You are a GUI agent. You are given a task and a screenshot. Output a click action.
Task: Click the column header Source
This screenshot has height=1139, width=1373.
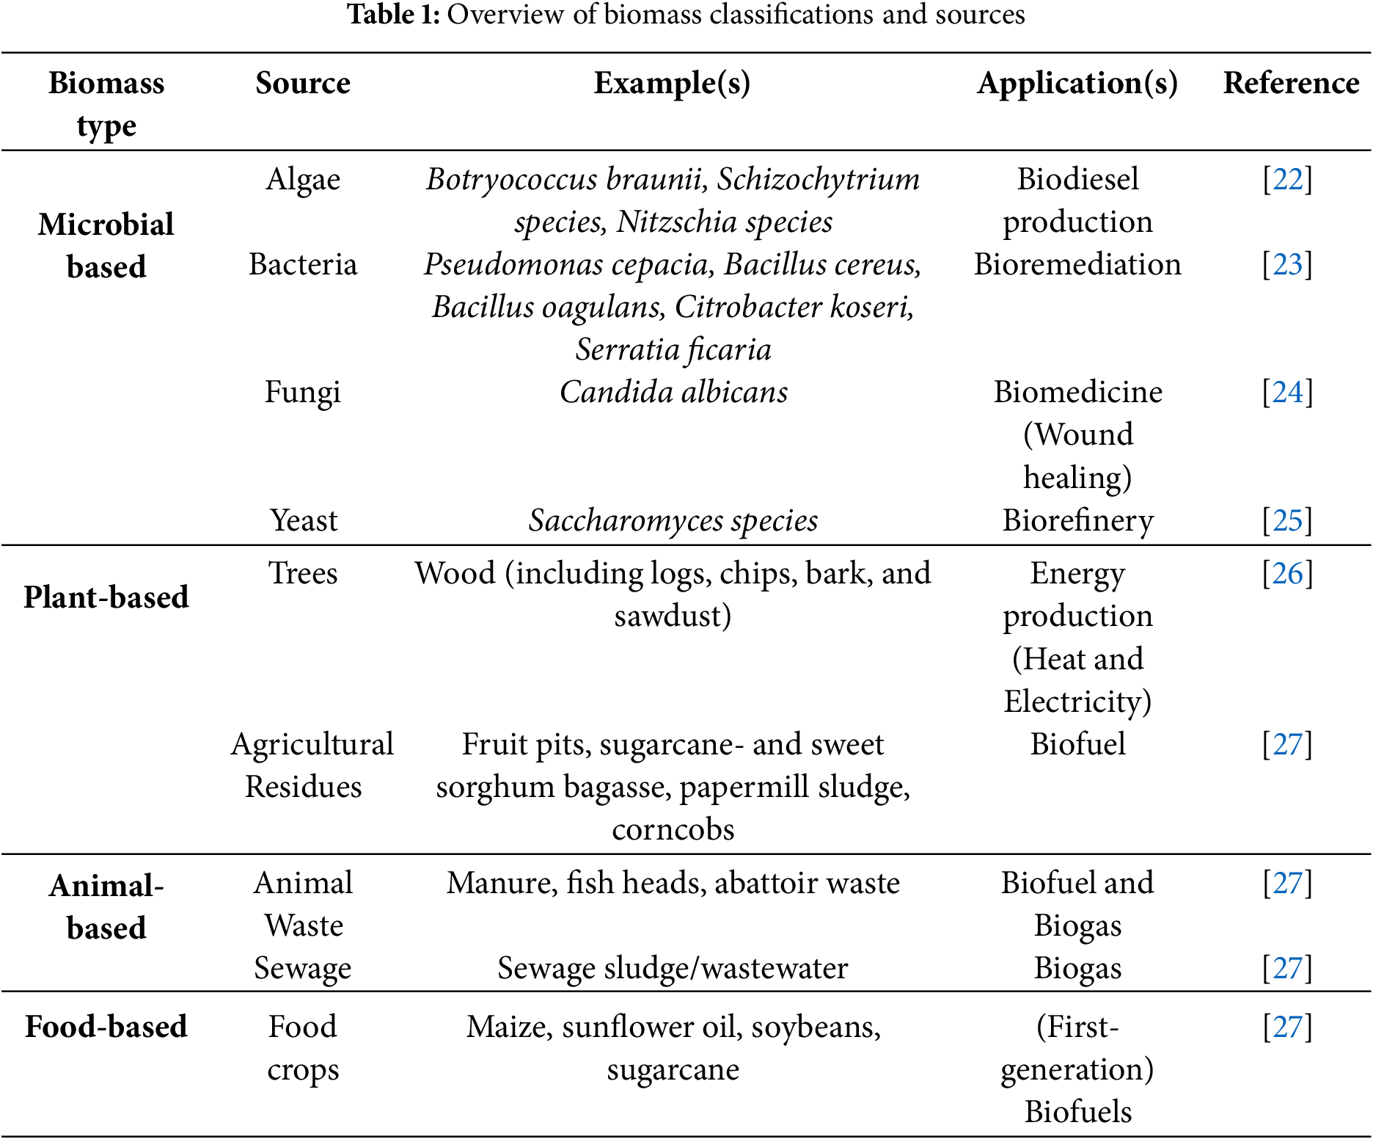coord(303,83)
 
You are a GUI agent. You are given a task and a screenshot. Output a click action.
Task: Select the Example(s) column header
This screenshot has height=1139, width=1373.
coord(672,83)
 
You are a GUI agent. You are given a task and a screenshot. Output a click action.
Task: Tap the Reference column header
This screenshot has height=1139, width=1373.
coord(1291,83)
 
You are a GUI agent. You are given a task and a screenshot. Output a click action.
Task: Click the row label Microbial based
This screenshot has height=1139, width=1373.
coord(106,245)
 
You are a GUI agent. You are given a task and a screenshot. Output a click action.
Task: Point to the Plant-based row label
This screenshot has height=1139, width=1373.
coord(106,597)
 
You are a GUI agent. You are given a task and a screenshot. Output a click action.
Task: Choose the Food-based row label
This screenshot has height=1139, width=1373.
coord(106,1026)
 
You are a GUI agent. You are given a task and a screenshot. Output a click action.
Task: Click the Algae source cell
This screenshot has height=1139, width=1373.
coord(303,179)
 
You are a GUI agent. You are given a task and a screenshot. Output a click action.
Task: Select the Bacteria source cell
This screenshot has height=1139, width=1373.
coord(303,264)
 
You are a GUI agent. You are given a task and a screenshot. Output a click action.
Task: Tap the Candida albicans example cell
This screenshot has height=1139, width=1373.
coord(673,392)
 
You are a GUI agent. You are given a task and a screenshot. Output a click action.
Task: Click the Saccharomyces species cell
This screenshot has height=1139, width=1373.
coord(673,520)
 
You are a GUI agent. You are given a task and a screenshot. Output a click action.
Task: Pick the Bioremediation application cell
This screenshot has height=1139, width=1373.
coord(1077,264)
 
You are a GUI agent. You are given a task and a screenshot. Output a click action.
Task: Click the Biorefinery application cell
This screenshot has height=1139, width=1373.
coord(1077,520)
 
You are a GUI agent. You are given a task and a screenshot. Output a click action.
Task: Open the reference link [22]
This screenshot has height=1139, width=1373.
coord(1287,179)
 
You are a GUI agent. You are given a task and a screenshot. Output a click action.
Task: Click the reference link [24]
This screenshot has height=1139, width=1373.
coord(1287,392)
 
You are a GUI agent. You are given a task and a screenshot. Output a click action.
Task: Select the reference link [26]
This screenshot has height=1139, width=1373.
coord(1287,573)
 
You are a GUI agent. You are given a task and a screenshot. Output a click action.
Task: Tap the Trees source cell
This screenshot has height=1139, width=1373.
coord(303,573)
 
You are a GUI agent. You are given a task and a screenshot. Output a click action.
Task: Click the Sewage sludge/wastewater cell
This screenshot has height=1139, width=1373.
coord(673,968)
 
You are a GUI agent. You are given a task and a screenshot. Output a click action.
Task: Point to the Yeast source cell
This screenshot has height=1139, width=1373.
coord(303,520)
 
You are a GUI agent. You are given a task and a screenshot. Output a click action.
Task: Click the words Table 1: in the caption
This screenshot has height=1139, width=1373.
coord(393,15)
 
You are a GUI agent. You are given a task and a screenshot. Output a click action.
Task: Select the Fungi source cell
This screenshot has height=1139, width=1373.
coord(303,392)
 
